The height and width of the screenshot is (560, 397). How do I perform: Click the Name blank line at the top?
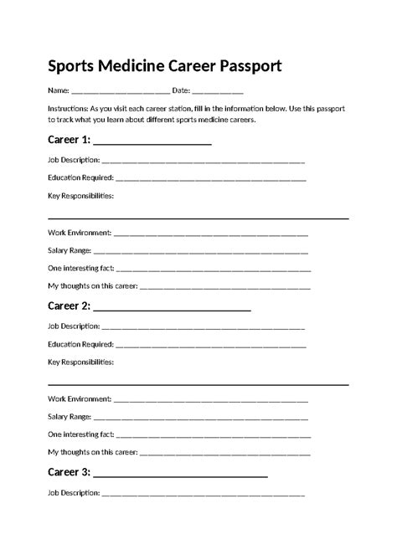[121, 90]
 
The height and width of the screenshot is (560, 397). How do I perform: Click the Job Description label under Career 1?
[74, 159]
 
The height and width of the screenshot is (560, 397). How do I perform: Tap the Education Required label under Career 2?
[80, 344]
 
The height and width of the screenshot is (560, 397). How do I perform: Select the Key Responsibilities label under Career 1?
[80, 196]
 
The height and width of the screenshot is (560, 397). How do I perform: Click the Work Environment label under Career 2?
[80, 398]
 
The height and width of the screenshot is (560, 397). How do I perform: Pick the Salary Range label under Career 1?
[70, 250]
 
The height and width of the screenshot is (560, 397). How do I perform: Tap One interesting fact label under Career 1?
[80, 269]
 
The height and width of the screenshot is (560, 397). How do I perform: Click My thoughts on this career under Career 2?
[92, 453]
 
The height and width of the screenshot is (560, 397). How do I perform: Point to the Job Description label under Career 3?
[74, 492]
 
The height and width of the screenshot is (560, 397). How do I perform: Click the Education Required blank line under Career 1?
[210, 178]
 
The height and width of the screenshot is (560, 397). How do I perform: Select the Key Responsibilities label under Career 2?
[80, 362]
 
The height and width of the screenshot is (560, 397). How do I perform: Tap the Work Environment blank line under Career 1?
[210, 233]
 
